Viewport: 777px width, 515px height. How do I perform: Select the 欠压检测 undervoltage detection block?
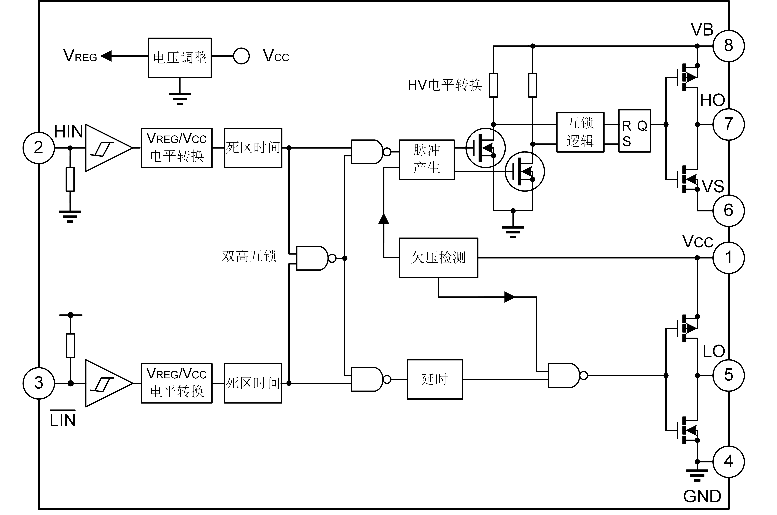(439, 258)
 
